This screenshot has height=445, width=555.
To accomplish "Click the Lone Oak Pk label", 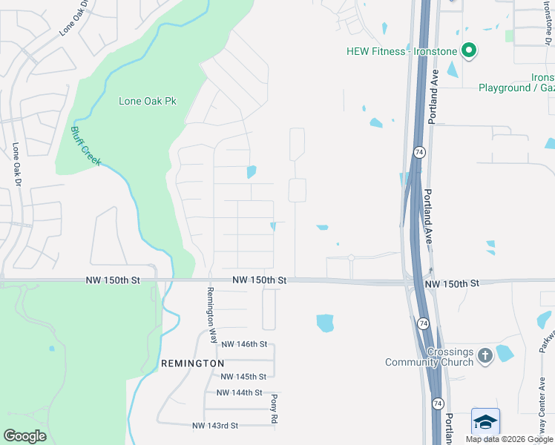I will tap(147, 101).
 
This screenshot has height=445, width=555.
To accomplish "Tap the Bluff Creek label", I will tap(85, 145).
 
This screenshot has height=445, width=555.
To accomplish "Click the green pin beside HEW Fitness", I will tap(468, 50).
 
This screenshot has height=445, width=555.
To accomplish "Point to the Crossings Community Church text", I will tap(429, 356).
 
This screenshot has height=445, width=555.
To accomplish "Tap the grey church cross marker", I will tap(485, 356).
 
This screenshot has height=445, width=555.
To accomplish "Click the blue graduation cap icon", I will tap(485, 422).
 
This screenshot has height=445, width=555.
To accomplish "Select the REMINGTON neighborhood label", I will tap(192, 363).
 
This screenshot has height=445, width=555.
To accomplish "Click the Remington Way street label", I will tap(211, 314).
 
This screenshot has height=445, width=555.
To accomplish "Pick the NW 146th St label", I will tap(243, 344).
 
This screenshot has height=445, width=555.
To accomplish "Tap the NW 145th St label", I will tap(243, 377).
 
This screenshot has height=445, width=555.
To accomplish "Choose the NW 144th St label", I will tap(239, 392).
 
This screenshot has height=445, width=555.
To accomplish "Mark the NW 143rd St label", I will tap(215, 426).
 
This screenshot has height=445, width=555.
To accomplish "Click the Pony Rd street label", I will tap(273, 409).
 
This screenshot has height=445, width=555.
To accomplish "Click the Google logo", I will tap(24, 436).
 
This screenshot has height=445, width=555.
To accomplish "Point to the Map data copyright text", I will tap(509, 439).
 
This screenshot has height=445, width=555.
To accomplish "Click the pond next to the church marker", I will tap(505, 353).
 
